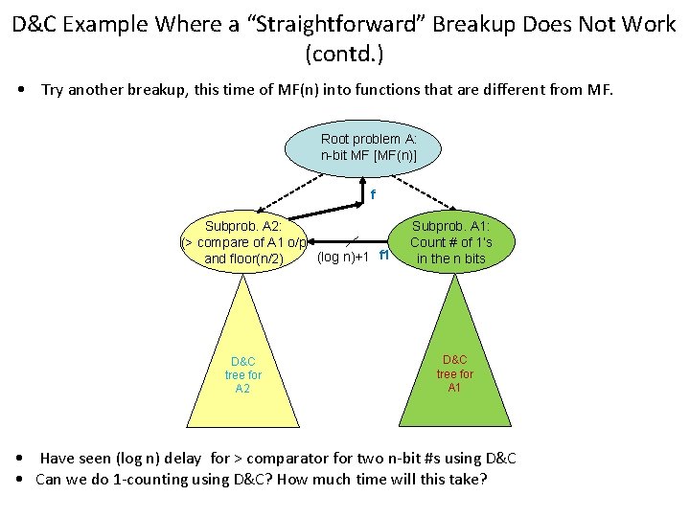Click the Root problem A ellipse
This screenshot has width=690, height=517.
pyautogui.click(x=368, y=146)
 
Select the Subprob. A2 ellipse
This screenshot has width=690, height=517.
pyautogui.click(x=243, y=242)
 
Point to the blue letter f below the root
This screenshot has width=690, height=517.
pyautogui.click(x=373, y=195)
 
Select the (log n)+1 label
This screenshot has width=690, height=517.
pyautogui.click(x=343, y=258)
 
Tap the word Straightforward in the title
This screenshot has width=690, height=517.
pyautogui.click(x=335, y=24)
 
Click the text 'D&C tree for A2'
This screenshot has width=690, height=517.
pyautogui.click(x=243, y=375)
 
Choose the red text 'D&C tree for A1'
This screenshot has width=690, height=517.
pyautogui.click(x=455, y=374)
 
